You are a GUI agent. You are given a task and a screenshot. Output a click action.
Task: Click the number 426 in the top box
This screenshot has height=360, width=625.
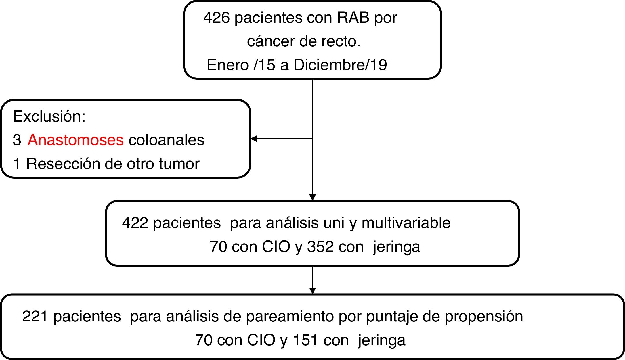(x=217, y=18)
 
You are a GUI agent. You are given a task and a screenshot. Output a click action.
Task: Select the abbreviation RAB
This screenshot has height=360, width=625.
(x=353, y=18)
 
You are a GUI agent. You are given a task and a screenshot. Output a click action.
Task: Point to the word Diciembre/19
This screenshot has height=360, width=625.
(x=340, y=65)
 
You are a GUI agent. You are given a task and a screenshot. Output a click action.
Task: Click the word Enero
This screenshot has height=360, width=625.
(x=228, y=65)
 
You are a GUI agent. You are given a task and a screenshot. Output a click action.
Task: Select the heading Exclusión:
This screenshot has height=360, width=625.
(x=49, y=116)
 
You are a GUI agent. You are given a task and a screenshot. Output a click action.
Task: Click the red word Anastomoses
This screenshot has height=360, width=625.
(x=76, y=140)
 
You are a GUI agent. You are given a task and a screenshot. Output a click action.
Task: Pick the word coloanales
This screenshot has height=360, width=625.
(x=166, y=140)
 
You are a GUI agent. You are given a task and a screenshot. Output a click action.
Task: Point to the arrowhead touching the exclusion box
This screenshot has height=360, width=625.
(x=254, y=139)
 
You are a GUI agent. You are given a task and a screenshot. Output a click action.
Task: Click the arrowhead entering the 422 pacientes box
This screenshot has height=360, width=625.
(x=312, y=198)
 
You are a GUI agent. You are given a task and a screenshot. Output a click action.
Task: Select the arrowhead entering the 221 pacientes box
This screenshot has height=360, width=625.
(x=312, y=291)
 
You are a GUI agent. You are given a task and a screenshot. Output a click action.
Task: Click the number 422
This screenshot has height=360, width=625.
(x=135, y=223)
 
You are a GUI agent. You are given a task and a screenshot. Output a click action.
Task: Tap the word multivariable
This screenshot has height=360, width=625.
(x=406, y=223)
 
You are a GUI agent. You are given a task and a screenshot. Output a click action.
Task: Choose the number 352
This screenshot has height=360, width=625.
(x=320, y=247)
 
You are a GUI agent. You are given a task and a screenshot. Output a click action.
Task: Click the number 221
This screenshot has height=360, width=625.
(x=35, y=316)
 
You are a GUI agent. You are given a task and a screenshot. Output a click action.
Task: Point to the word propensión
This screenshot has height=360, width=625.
(x=483, y=316)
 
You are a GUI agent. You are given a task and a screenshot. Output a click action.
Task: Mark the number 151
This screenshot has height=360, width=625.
(x=305, y=340)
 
